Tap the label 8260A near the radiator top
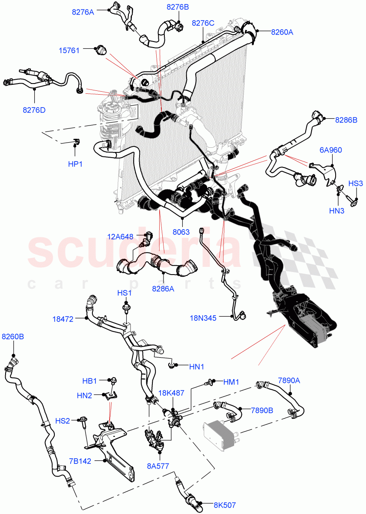point(282,31)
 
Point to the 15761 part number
point(69,51)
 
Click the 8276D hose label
point(34,110)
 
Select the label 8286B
point(346,120)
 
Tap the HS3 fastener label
point(355,183)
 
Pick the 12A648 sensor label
point(121,236)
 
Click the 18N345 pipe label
point(203,318)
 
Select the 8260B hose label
point(13,337)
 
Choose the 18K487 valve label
point(172,393)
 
